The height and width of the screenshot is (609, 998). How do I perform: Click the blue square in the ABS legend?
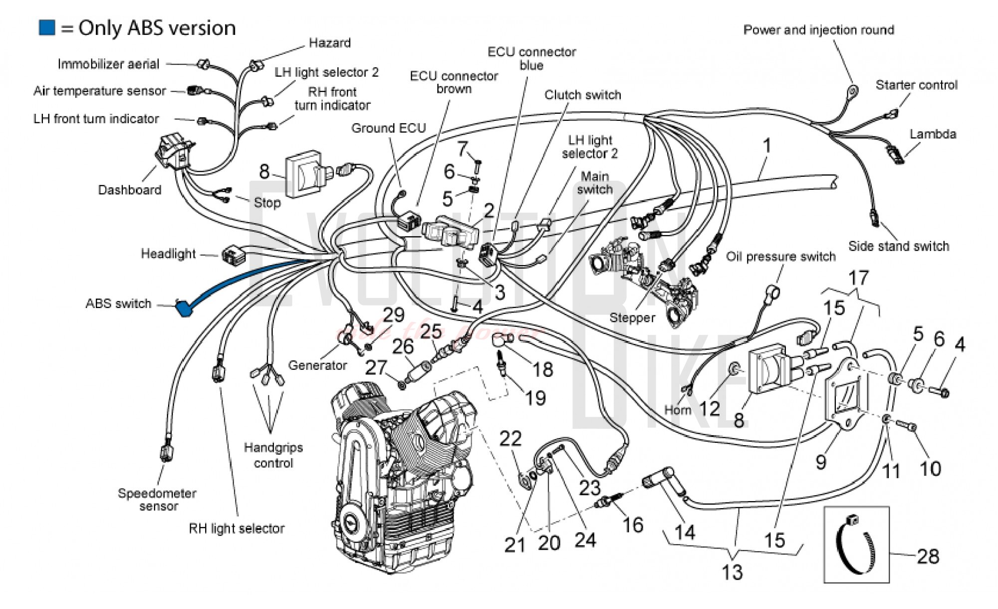point(47,28)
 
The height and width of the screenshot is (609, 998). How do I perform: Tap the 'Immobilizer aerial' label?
point(108,64)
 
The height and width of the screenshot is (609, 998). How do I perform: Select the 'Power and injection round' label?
point(818,30)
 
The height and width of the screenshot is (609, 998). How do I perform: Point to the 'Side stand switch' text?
point(899,246)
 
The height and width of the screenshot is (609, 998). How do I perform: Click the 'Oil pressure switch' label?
point(780,257)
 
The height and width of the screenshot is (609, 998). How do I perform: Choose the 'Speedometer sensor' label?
point(157,500)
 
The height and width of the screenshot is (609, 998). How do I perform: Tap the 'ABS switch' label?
point(118,304)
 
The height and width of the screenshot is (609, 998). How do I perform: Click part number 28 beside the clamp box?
point(928,556)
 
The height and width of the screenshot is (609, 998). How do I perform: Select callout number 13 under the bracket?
point(732,572)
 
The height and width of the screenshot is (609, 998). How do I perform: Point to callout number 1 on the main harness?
point(767,146)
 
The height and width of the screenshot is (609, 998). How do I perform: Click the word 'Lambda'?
point(933,134)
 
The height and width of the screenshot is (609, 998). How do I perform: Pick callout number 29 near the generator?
point(393,315)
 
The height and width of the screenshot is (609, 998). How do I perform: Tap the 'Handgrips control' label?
point(273,455)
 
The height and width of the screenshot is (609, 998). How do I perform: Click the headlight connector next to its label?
point(233,255)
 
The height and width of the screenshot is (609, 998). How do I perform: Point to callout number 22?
point(510,439)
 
